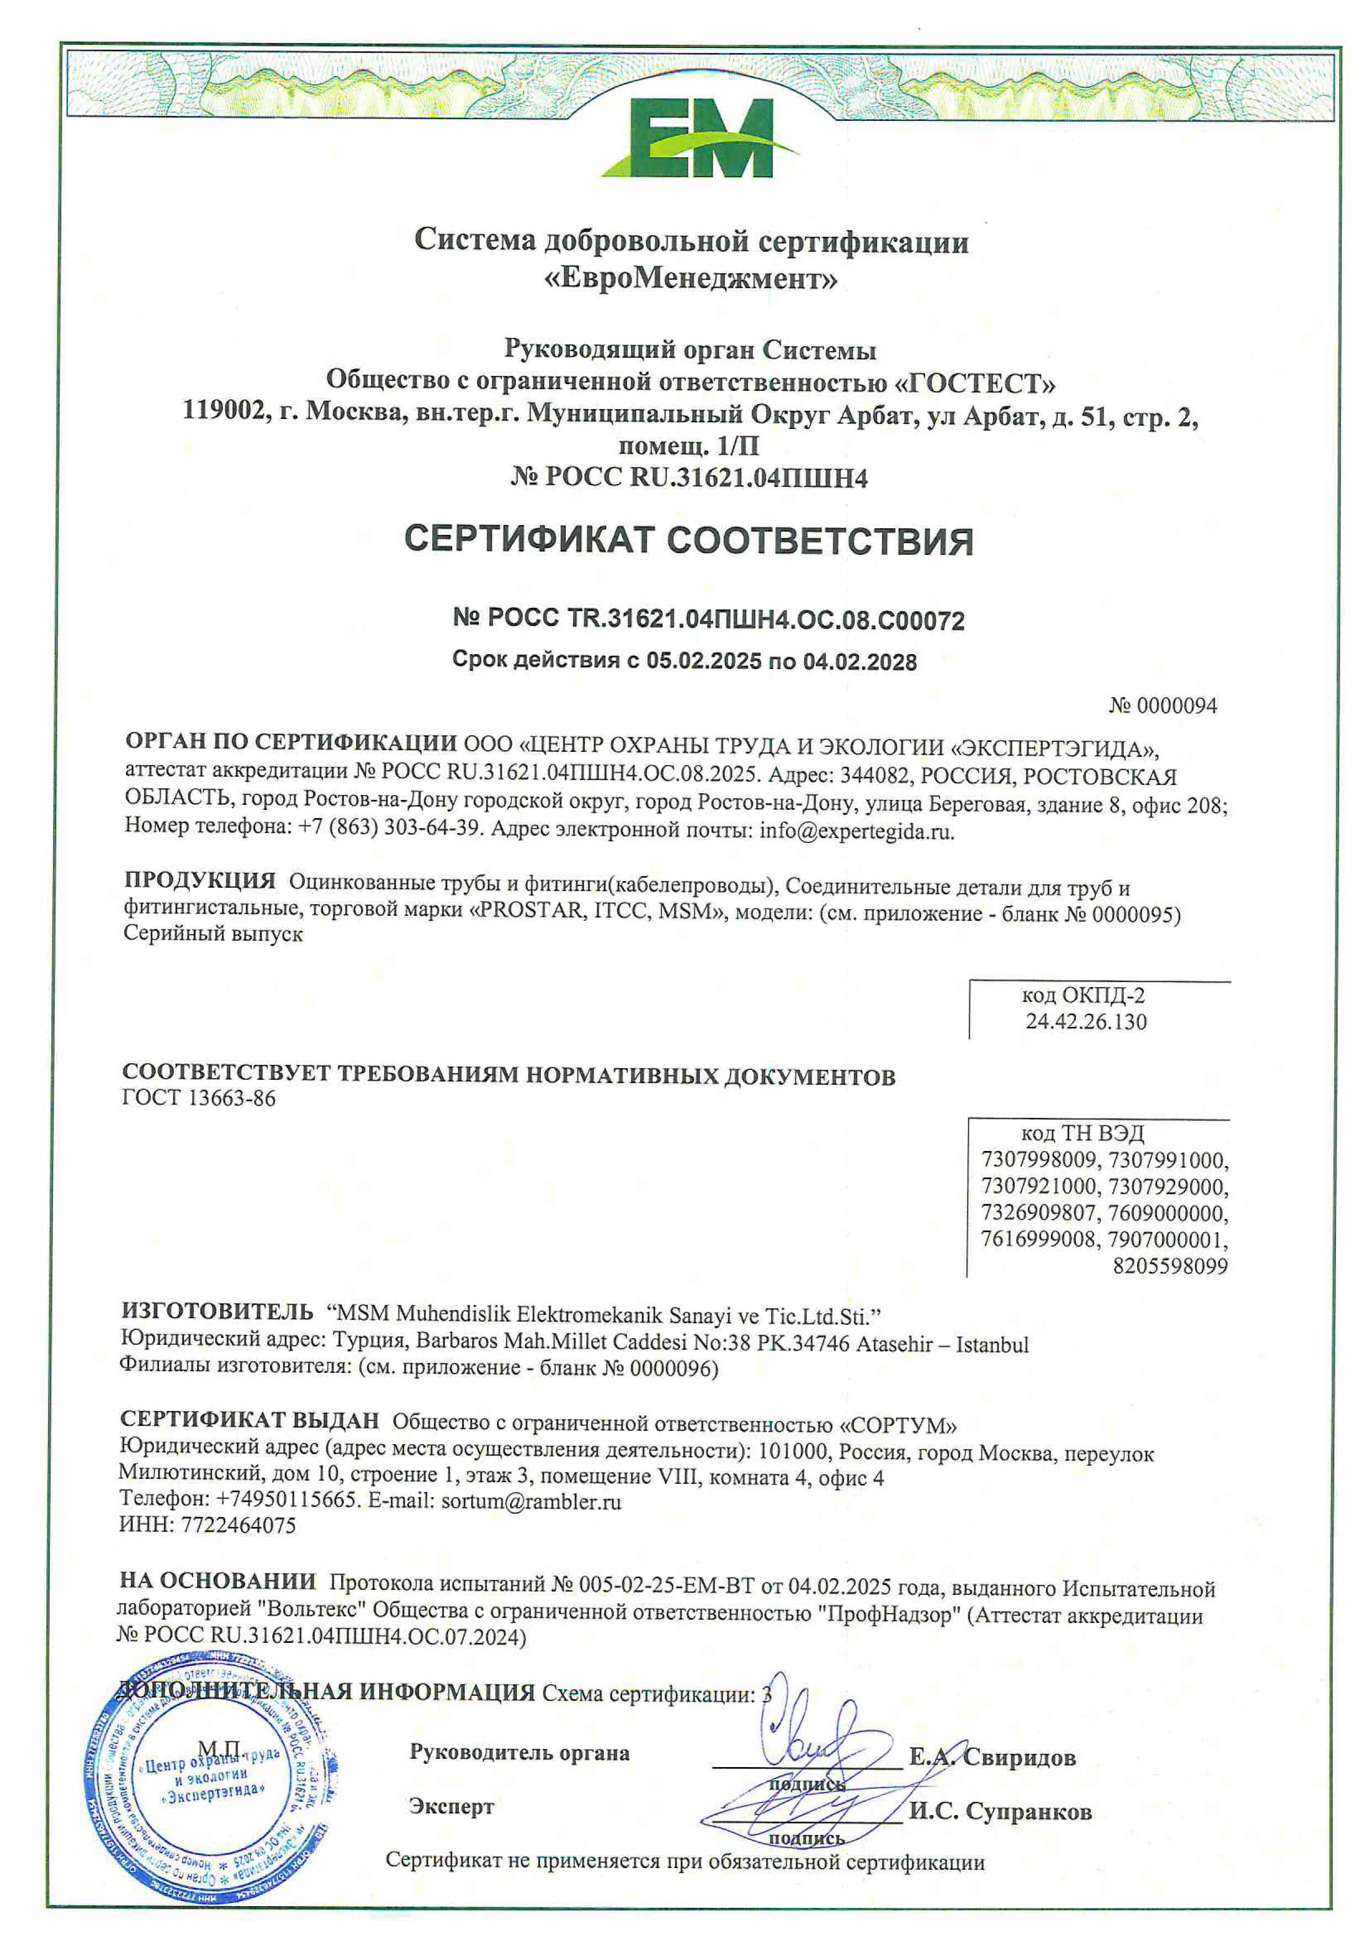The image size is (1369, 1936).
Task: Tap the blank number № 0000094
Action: pos(1163,705)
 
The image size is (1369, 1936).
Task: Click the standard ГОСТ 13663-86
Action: pos(199,1098)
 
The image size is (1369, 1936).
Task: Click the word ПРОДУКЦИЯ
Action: pos(200,881)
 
